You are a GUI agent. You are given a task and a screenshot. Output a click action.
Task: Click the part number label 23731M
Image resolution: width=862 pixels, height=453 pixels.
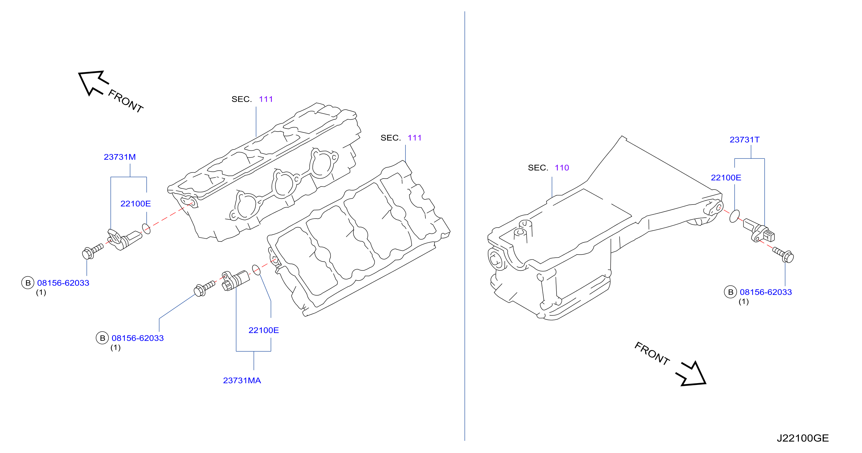pyautogui.click(x=120, y=157)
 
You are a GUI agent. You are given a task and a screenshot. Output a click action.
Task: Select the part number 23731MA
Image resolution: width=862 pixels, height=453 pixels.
pyautogui.click(x=242, y=380)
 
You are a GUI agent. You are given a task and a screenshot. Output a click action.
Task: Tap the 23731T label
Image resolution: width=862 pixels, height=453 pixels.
pyautogui.click(x=745, y=139)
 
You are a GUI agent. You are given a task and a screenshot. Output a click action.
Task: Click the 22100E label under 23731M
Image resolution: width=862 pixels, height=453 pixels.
pyautogui.click(x=135, y=204)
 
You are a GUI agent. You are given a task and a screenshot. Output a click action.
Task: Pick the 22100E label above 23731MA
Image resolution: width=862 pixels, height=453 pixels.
pyautogui.click(x=264, y=330)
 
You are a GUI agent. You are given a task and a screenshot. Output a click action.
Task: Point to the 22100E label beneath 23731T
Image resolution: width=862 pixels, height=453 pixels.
pyautogui.click(x=726, y=177)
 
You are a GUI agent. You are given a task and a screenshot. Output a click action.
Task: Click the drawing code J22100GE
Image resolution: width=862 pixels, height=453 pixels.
pyautogui.click(x=803, y=438)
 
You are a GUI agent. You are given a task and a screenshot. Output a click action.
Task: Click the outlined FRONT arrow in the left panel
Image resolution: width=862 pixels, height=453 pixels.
pyautogui.click(x=94, y=82)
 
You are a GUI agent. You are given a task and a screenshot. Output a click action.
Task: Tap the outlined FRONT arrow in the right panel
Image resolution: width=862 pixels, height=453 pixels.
pyautogui.click(x=692, y=374)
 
